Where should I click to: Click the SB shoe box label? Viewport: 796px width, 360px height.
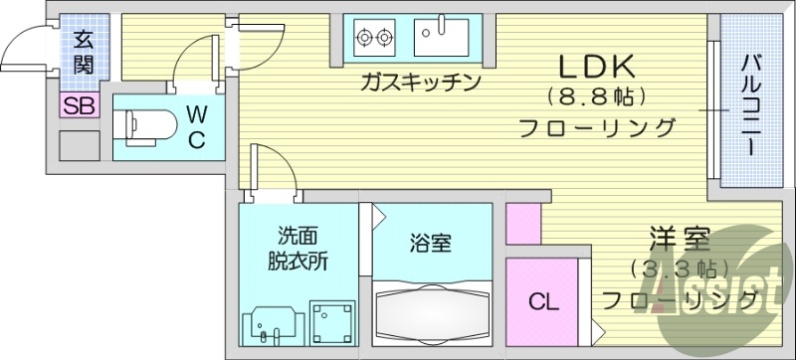79,106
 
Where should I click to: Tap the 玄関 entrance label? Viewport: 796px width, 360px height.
82,56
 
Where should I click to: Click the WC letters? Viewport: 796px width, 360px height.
195,126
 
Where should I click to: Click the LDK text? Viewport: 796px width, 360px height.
596,68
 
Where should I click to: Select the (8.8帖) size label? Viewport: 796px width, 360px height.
597,97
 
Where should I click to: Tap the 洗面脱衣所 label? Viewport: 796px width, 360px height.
297,250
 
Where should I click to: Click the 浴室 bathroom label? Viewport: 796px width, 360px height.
431,242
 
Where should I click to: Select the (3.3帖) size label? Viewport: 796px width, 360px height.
680,269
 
